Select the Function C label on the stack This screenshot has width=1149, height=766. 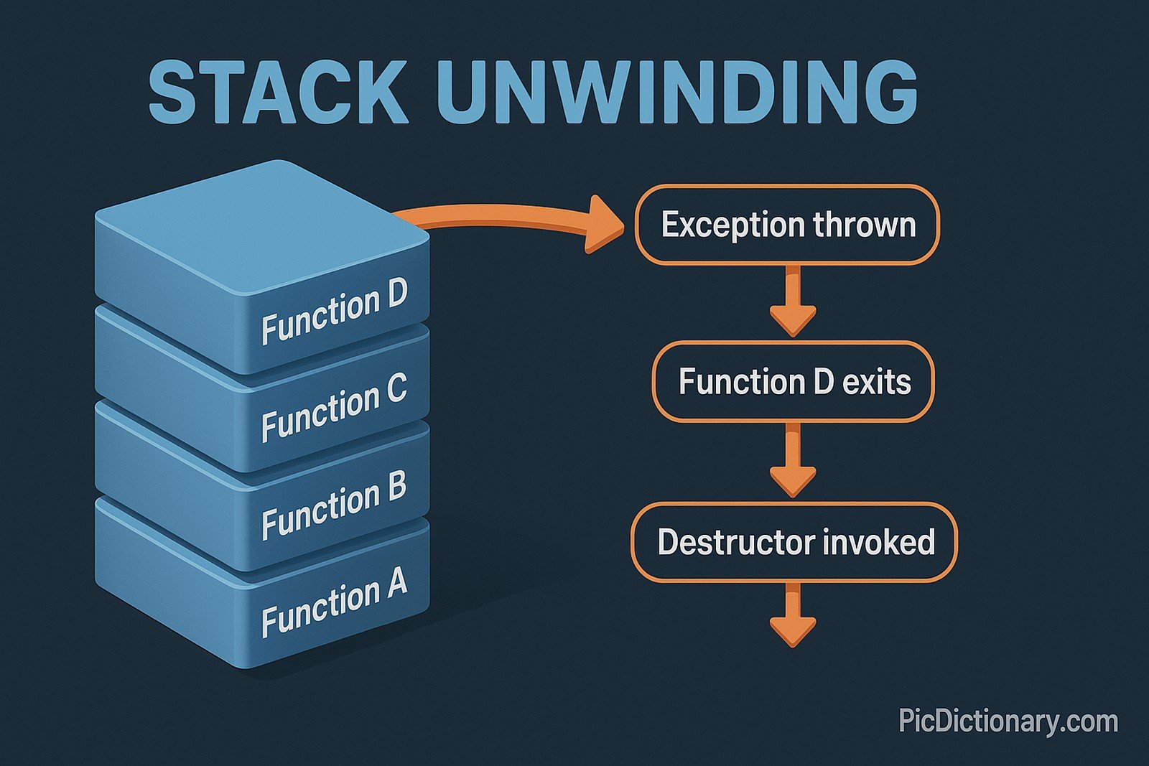[x=334, y=407]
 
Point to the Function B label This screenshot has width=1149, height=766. [x=334, y=505]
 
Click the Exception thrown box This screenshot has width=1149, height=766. [x=787, y=225]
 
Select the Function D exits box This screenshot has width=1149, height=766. [x=794, y=381]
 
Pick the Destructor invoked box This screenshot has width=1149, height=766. [x=794, y=542]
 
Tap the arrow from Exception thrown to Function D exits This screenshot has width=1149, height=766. [x=793, y=302]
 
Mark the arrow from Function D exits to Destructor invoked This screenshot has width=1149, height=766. [x=793, y=461]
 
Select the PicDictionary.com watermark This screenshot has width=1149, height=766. [x=1008, y=720]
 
